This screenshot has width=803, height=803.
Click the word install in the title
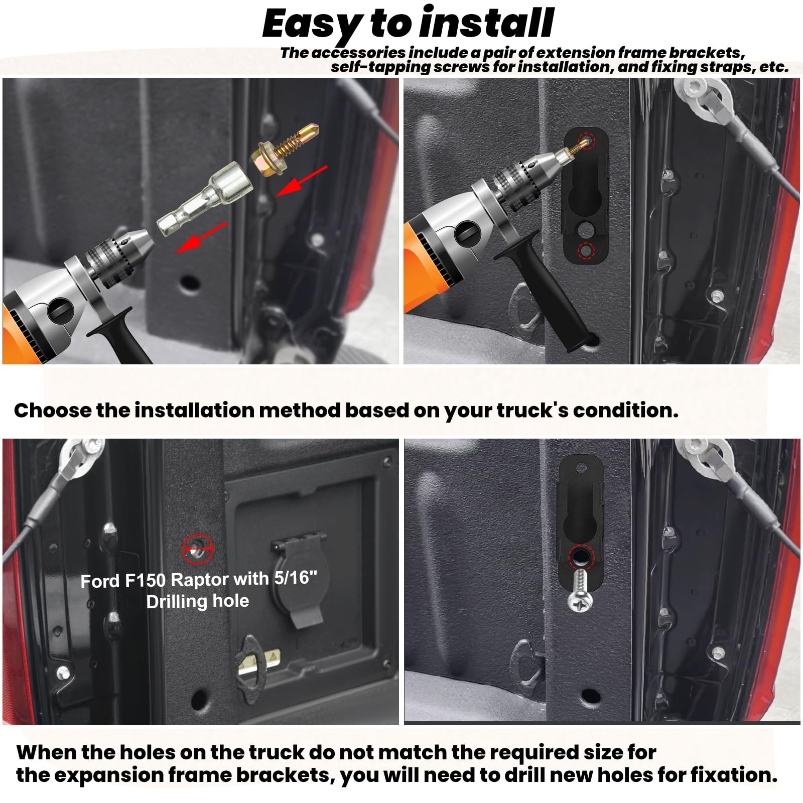coord(486,23)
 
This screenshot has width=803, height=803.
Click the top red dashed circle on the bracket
coord(586,141)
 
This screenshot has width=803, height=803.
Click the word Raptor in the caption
coord(199,580)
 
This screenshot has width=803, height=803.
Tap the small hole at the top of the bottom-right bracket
coord(581,468)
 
